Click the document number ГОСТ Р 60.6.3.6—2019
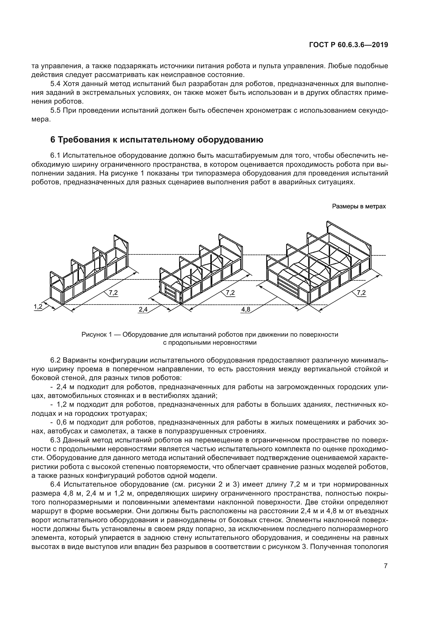click(349, 45)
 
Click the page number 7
click(386, 573)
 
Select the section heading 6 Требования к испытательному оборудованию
click(157, 140)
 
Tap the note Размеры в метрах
click(359, 206)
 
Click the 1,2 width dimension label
click(38, 307)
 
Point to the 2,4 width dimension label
click(143, 309)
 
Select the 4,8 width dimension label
click(246, 309)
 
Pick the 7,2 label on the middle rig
click(230, 292)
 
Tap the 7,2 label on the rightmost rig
click(361, 292)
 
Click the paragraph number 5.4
click(56, 84)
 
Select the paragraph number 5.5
click(56, 111)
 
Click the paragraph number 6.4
click(56, 484)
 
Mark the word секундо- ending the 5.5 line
click(373, 111)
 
